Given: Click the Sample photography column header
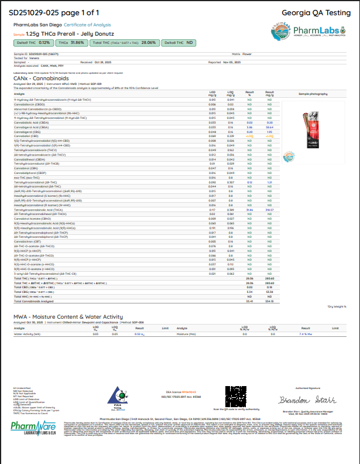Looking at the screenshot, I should click(x=311, y=93).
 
